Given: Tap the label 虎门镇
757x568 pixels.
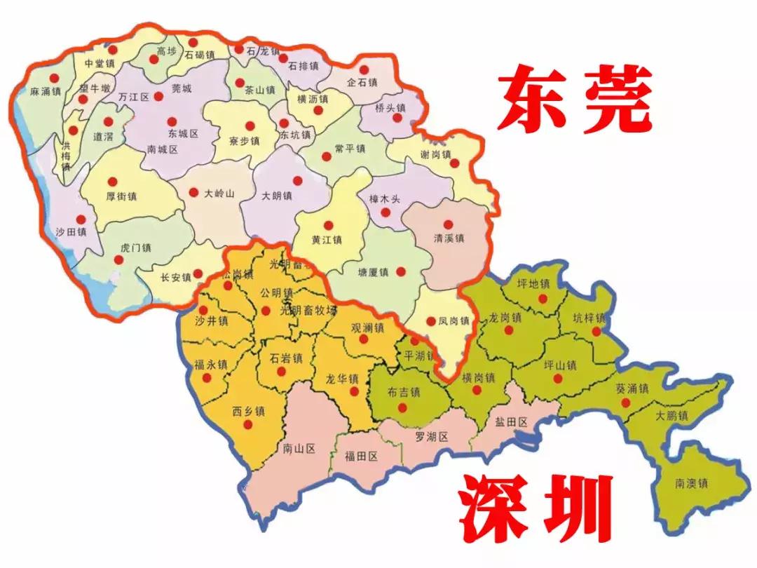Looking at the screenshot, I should click(136, 248).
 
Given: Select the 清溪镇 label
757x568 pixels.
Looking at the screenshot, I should click(449, 238).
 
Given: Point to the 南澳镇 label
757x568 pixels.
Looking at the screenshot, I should click(692, 483).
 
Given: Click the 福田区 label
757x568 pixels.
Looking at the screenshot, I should click(362, 456).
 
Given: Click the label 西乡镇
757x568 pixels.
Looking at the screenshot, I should click(247, 411).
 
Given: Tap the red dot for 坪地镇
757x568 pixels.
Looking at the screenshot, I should click(542, 297).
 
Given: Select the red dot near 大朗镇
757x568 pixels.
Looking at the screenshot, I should click(297, 180).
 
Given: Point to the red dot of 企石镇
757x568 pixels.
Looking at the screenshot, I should click(364, 69).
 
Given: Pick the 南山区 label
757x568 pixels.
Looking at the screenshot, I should click(299, 447).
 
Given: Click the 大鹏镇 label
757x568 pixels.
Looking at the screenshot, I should click(671, 416).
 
